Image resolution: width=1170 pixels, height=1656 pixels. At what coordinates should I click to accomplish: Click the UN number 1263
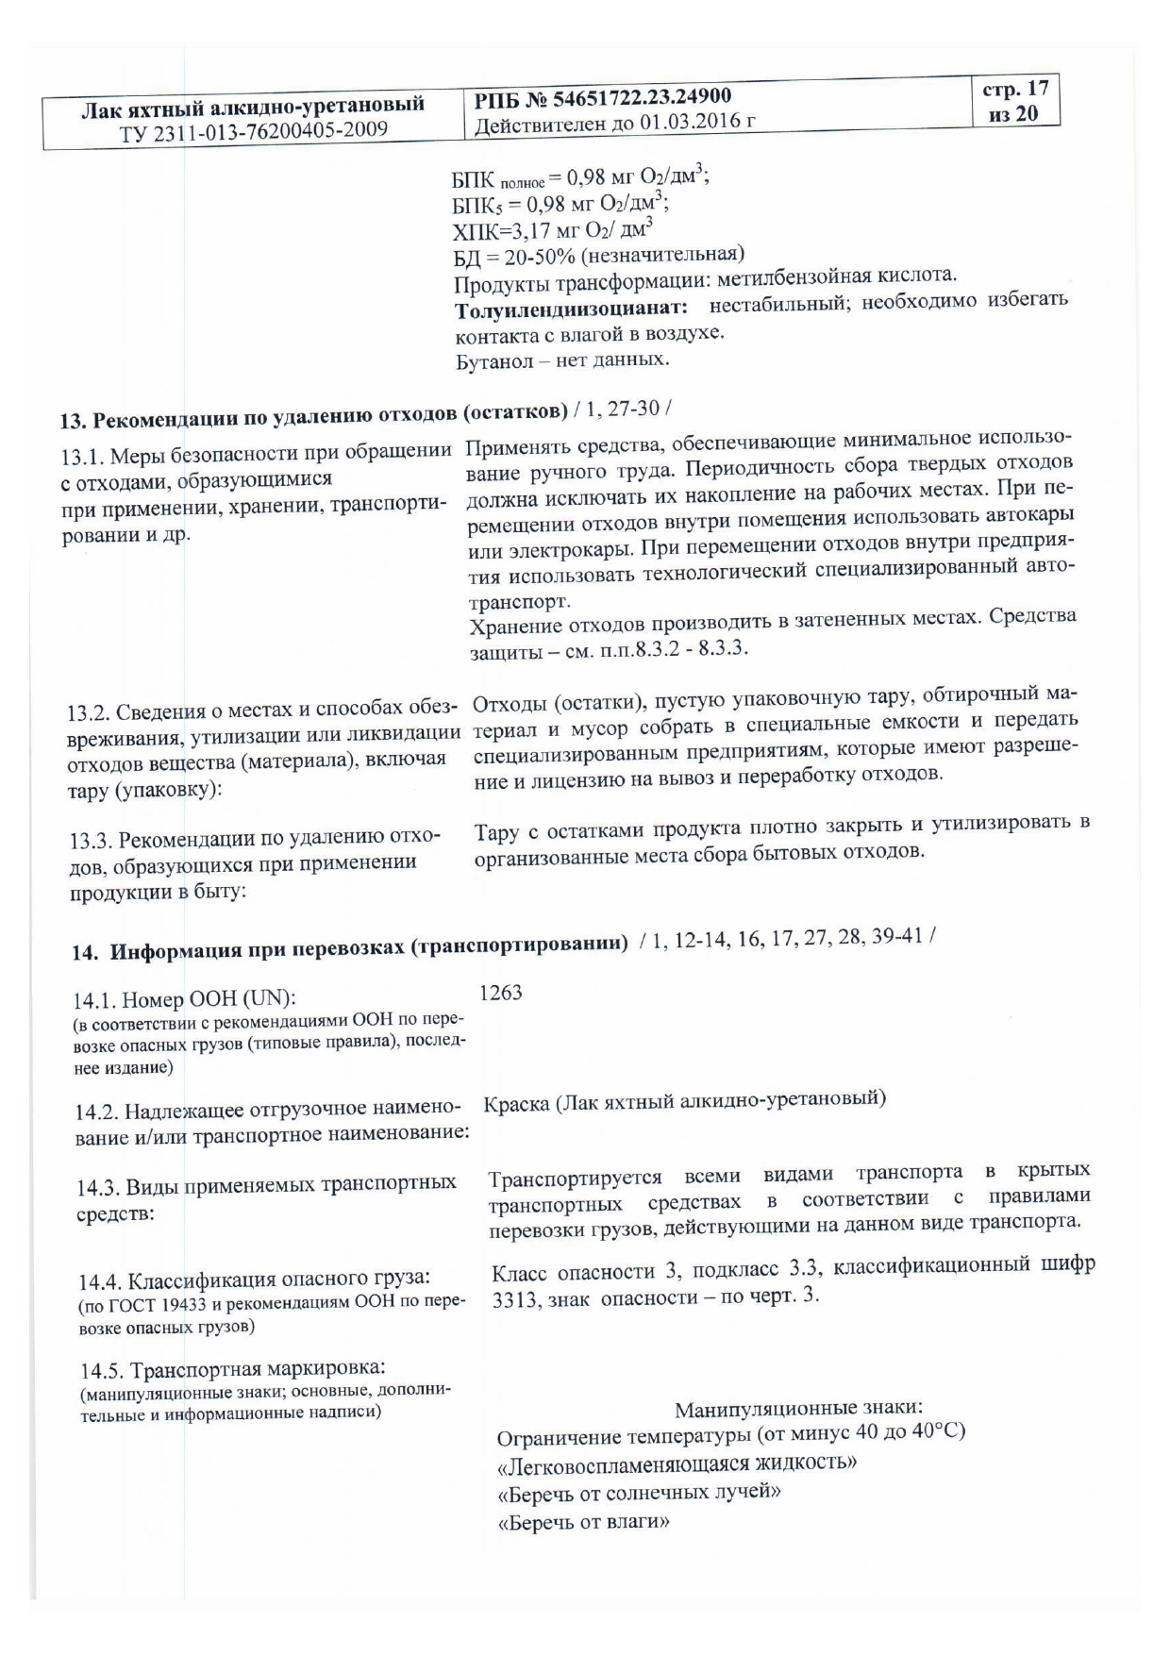[500, 993]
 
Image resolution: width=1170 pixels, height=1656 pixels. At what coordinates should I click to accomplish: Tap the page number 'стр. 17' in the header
[1015, 90]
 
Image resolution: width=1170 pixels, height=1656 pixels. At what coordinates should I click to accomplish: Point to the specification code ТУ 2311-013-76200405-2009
[253, 129]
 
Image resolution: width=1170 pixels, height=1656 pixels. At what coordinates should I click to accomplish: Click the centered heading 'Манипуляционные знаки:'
[798, 1410]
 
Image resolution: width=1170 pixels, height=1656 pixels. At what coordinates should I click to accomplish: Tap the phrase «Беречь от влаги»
[583, 1522]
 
